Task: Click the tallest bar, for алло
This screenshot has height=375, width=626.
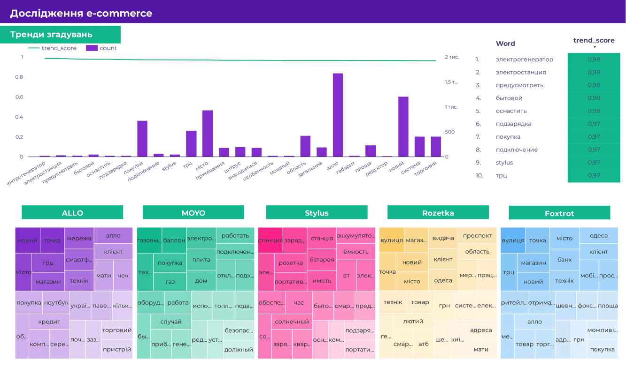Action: click(338, 115)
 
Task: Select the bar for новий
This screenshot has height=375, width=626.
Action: click(403, 127)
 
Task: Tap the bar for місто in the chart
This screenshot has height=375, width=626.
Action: click(208, 134)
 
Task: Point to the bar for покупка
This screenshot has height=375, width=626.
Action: click(142, 139)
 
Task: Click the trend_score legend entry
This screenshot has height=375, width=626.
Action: click(53, 48)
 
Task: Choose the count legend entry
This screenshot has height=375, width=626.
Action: click(101, 48)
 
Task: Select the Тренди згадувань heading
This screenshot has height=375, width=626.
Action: click(51, 35)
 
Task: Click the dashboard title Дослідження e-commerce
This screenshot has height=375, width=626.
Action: click(81, 13)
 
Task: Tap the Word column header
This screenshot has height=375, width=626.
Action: click(505, 44)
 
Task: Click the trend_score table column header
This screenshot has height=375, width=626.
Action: click(594, 41)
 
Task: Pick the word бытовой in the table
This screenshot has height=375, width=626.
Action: click(509, 98)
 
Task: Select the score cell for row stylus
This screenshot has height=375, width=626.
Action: click(594, 163)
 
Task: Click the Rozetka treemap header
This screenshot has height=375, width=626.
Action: click(438, 213)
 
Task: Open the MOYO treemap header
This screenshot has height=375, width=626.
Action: click(193, 213)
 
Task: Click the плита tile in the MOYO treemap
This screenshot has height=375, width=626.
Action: click(201, 259)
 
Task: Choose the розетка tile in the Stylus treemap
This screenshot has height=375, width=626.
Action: click(291, 263)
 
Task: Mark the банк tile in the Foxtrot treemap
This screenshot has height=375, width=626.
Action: click(564, 259)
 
